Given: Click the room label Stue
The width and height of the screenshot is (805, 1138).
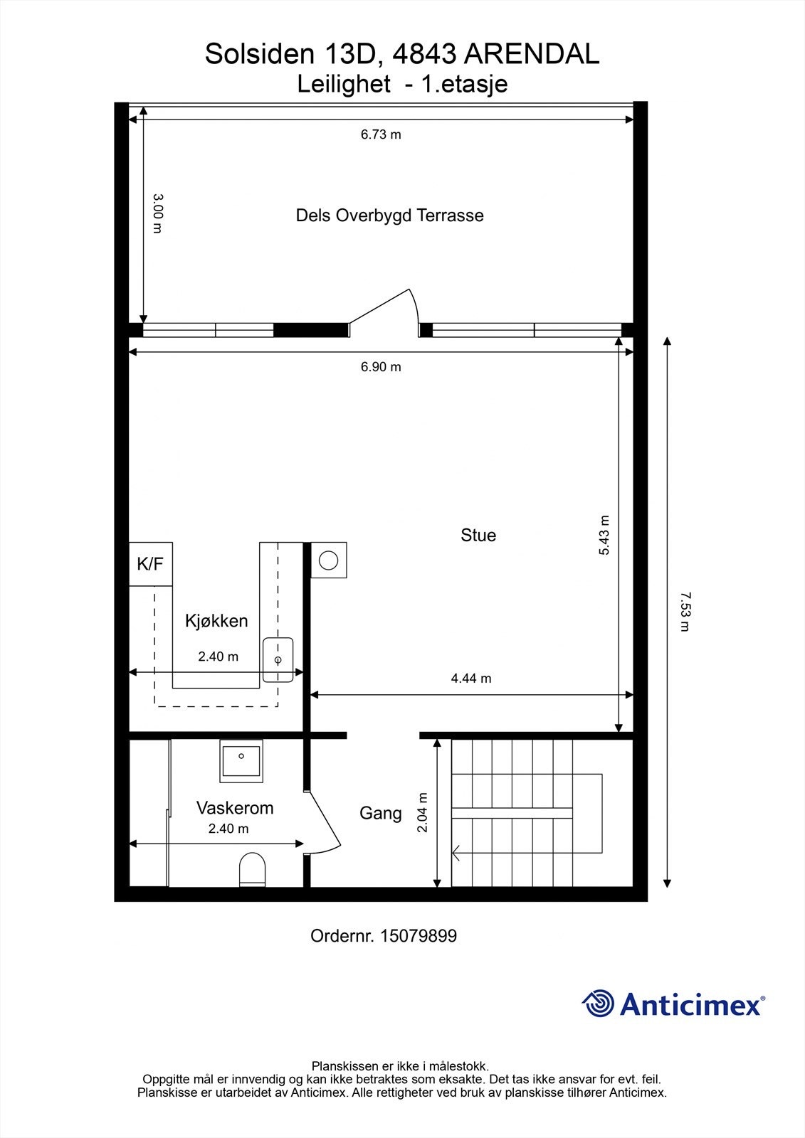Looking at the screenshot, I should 478,535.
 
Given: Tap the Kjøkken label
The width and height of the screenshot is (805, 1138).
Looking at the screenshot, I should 216,620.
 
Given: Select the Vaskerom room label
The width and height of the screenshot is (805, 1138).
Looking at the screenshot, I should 235,808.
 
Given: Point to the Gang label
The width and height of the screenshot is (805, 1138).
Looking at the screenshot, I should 380,813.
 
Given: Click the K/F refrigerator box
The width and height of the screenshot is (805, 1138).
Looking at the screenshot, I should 150,564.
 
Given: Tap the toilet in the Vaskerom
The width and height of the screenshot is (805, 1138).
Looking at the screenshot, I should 252,869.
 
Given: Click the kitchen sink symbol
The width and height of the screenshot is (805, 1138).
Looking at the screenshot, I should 278,659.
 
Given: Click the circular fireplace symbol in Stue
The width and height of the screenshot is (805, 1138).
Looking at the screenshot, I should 328,560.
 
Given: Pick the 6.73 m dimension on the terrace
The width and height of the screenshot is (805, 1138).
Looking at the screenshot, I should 381,134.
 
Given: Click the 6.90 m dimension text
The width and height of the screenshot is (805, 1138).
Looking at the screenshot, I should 381,367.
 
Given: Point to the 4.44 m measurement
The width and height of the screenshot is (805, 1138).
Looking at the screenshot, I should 470,679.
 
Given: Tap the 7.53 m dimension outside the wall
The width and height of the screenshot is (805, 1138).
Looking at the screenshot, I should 685,612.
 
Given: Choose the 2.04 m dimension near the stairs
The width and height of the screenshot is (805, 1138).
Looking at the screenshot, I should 423,812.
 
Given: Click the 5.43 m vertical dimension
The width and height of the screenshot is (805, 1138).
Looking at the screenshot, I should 604,535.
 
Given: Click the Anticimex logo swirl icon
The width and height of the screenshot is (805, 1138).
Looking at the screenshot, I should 598,1004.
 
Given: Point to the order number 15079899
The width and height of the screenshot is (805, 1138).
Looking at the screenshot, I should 383,936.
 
